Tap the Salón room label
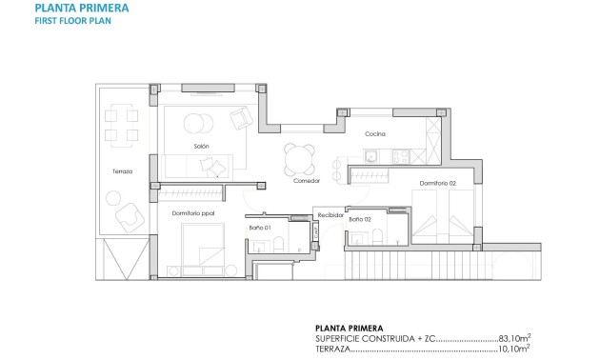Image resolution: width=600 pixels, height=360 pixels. (201, 145)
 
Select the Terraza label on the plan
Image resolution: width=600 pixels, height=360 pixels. (122, 171)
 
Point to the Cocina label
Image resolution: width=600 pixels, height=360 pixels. (375, 134)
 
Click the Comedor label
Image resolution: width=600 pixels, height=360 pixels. (306, 180)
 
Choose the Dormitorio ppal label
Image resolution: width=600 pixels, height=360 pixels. (193, 213)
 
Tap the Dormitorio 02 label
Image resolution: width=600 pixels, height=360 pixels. (438, 183)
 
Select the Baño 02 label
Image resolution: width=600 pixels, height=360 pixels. (360, 220)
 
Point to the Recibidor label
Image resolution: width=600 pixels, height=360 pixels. (330, 214)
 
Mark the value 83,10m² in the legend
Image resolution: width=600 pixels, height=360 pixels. (513, 337)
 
